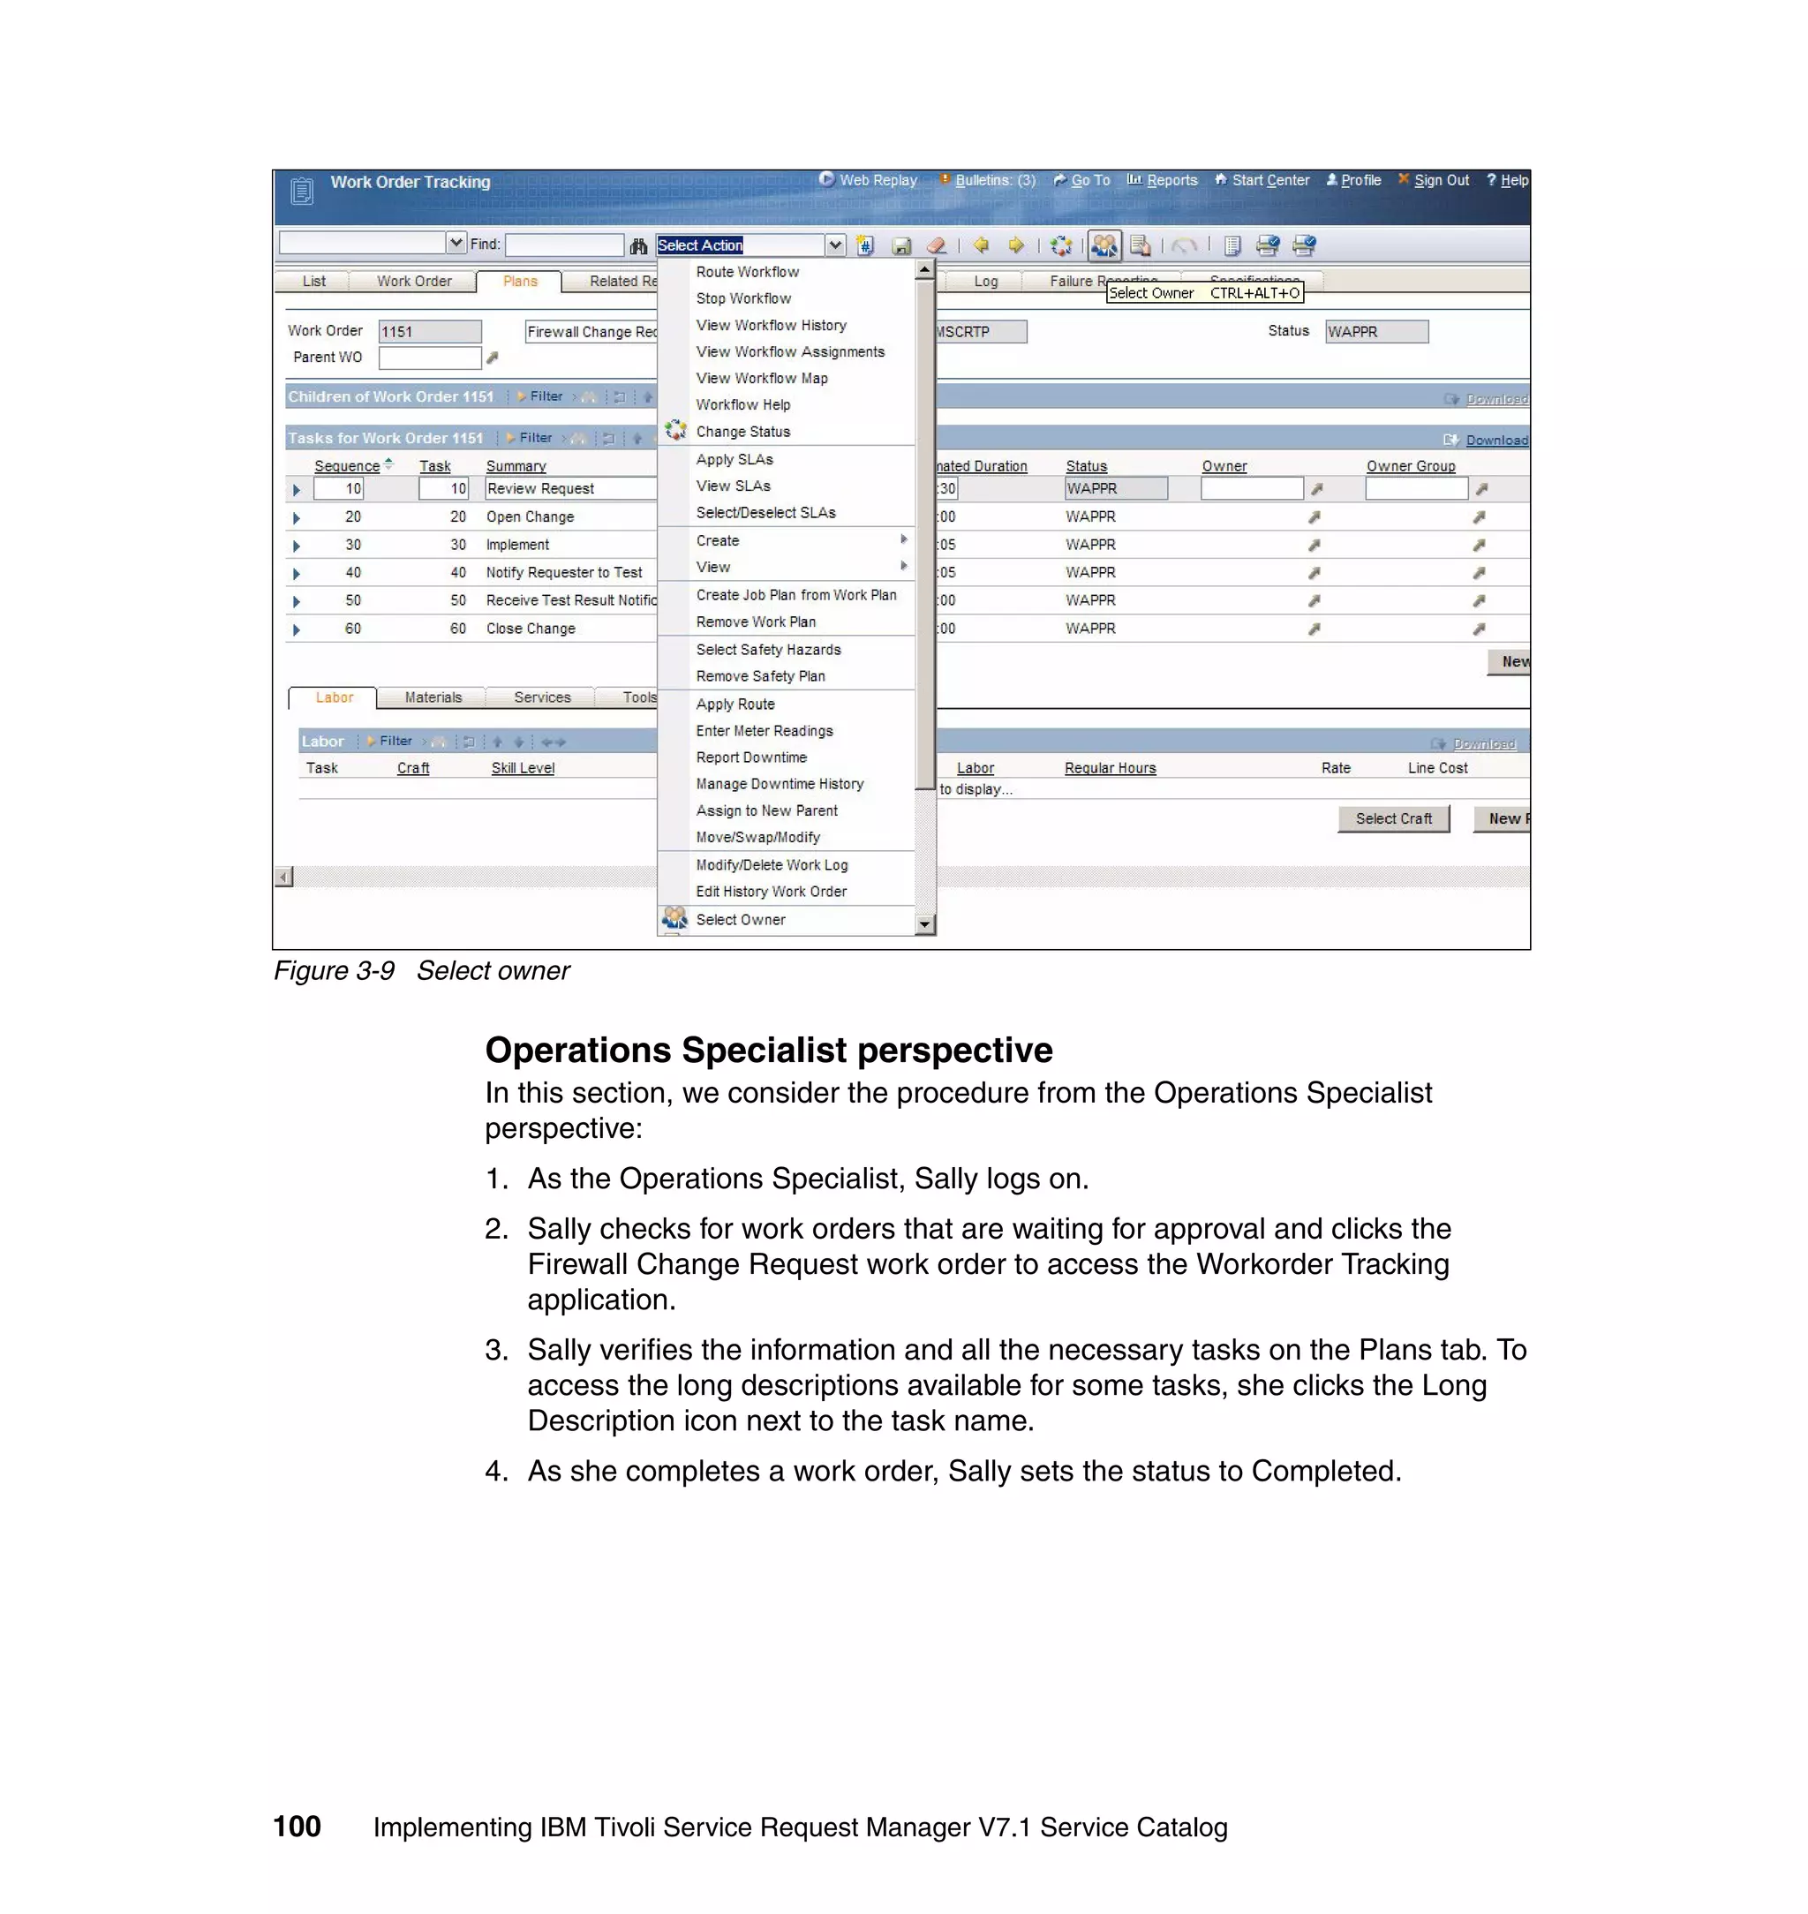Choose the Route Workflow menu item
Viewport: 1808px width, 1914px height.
click(x=747, y=273)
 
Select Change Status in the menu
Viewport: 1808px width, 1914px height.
click(x=742, y=432)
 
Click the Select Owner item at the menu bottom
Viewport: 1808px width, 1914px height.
click(x=740, y=919)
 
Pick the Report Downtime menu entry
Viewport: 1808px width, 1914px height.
click(x=750, y=757)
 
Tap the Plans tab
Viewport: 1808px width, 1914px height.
click(x=519, y=282)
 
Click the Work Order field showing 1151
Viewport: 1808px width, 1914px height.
click(x=429, y=332)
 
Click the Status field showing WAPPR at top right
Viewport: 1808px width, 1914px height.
click(x=1375, y=332)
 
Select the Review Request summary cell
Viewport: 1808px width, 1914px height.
click(x=569, y=488)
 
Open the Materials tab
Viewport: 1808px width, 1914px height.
click(x=433, y=697)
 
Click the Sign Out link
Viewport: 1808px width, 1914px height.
click(x=1441, y=180)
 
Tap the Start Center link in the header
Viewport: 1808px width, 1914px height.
click(x=1269, y=180)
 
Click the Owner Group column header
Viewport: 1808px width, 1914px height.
click(x=1410, y=466)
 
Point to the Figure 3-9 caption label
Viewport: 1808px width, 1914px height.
click(x=334, y=970)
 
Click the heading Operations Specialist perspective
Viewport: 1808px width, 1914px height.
click(x=768, y=1050)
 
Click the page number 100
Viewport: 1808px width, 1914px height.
click(x=297, y=1827)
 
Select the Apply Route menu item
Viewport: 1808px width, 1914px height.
click(x=734, y=705)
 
